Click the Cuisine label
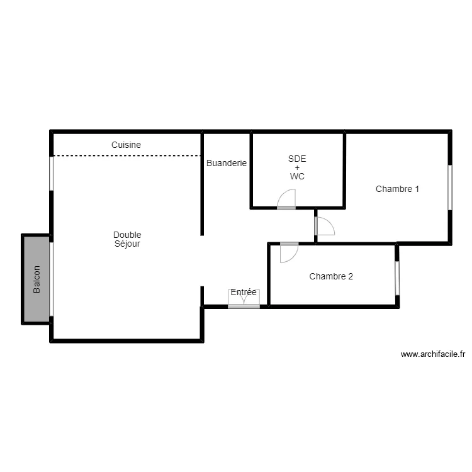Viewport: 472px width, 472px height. (x=126, y=145)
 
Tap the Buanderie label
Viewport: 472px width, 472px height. (x=227, y=163)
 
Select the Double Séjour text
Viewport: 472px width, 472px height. (x=127, y=239)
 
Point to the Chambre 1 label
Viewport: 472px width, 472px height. (x=397, y=189)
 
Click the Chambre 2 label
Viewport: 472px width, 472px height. (x=331, y=276)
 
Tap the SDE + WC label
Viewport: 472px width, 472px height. (x=297, y=167)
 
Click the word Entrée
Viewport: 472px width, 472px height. (x=244, y=292)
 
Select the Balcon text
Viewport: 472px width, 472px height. (x=37, y=279)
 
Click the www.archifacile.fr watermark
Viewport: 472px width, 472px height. (x=432, y=355)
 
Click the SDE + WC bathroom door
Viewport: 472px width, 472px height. (x=286, y=200)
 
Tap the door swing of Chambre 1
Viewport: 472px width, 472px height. (x=325, y=226)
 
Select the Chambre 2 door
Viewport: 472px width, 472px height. (x=289, y=252)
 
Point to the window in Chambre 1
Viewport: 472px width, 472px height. (x=450, y=187)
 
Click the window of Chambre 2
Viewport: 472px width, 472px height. (x=397, y=278)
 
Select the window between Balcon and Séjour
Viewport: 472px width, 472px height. (x=52, y=279)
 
